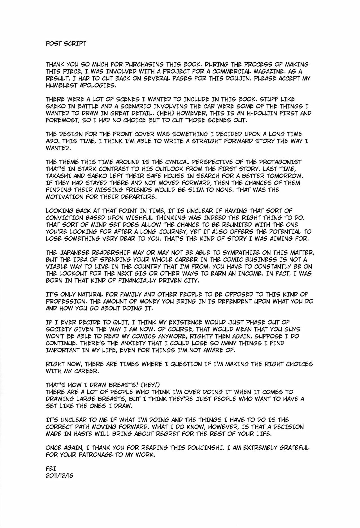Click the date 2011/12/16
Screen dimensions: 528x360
(60, 476)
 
